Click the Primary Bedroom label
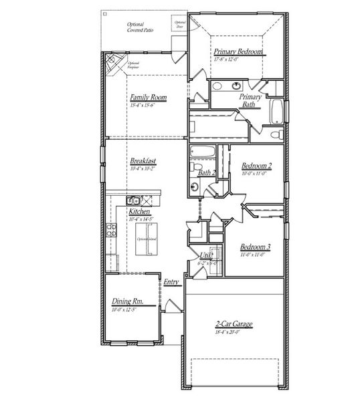click(x=239, y=51)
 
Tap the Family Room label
click(x=148, y=98)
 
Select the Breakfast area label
click(x=143, y=161)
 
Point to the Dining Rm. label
click(x=125, y=301)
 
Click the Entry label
click(x=171, y=283)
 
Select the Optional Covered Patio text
click(x=140, y=27)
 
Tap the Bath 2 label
click(x=207, y=172)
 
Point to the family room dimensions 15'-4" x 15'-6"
click(x=148, y=106)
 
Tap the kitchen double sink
click(x=132, y=200)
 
